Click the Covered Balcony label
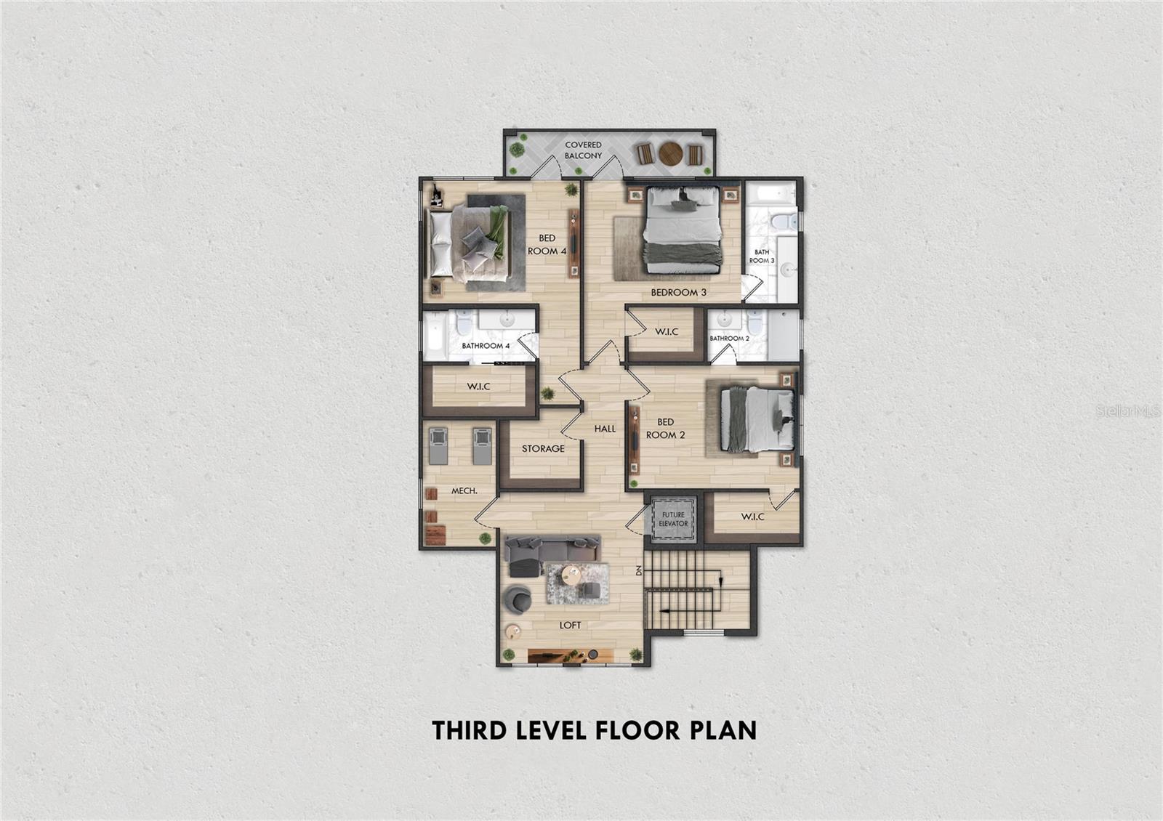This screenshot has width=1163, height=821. [583, 150]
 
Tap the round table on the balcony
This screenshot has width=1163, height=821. [671, 153]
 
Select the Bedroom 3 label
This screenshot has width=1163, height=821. [679, 292]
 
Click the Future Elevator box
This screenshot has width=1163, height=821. [673, 519]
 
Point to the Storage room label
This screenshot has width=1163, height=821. [543, 448]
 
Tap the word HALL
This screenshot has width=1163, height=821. [605, 429]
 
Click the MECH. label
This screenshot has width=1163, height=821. [464, 490]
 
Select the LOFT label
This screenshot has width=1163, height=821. [570, 626]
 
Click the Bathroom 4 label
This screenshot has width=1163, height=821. [486, 346]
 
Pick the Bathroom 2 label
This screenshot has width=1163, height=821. [730, 339]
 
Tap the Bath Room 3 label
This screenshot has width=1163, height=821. [762, 256]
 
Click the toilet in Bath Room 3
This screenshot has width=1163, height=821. [784, 222]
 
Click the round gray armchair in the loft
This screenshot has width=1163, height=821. [518, 599]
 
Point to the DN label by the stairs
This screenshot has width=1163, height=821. [639, 570]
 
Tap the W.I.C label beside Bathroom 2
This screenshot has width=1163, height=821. [667, 331]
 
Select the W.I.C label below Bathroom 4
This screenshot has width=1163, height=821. [478, 387]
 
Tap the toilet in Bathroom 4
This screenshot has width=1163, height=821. [463, 323]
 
